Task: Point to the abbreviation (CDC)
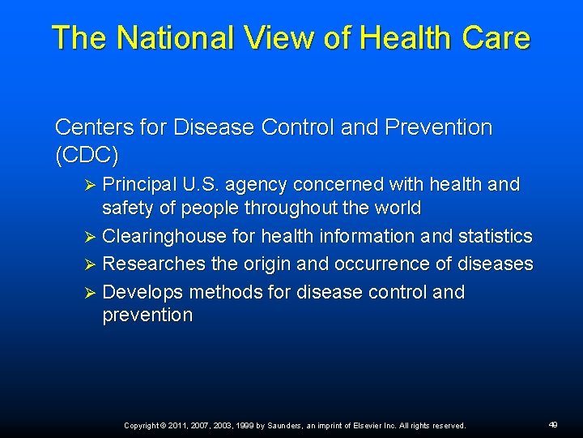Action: click(87, 154)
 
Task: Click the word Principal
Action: click(143, 185)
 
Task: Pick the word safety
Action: click(128, 208)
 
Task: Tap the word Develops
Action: click(143, 292)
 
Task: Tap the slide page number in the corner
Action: click(553, 424)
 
